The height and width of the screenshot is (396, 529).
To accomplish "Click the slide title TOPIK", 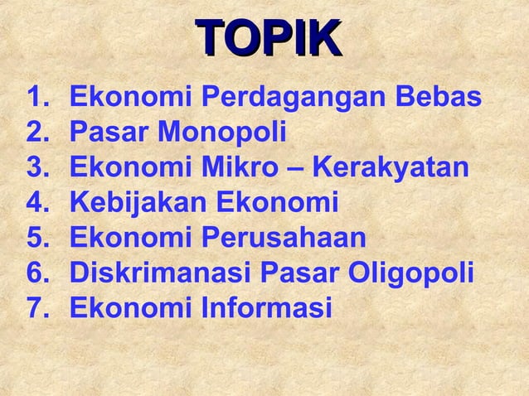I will pyautogui.click(x=268, y=39).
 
